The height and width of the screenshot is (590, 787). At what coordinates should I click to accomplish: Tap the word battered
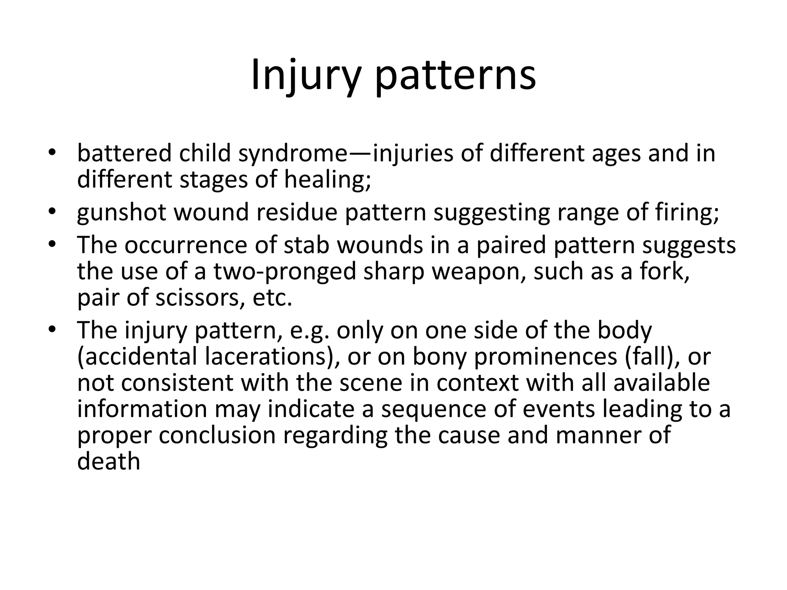124,153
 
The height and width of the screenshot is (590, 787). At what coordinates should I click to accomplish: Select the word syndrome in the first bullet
292,153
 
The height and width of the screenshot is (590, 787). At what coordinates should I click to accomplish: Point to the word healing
327,180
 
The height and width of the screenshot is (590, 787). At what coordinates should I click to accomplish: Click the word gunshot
121,212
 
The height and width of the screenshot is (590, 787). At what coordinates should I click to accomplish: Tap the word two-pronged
284,271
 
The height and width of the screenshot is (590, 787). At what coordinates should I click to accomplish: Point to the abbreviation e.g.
310,330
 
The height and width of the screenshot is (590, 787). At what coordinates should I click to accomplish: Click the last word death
108,461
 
